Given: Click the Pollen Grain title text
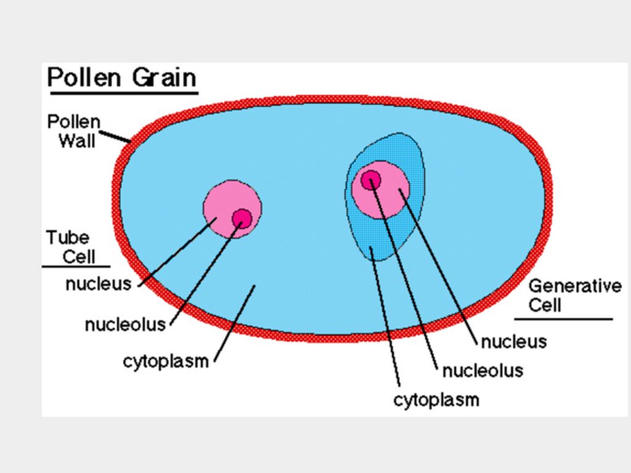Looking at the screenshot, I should pyautogui.click(x=122, y=78).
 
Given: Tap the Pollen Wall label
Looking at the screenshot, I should pyautogui.click(x=74, y=131).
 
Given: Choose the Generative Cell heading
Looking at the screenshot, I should pyautogui.click(x=574, y=295).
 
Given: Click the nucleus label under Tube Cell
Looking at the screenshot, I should pyautogui.click(x=99, y=284).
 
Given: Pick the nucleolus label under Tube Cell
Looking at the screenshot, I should pyautogui.click(x=126, y=324).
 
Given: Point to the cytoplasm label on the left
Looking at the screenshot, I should pyautogui.click(x=166, y=361).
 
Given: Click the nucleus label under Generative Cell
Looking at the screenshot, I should pyautogui.click(x=513, y=341).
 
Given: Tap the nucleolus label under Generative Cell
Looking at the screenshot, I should pyautogui.click(x=482, y=370).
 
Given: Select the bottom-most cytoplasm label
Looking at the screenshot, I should pyautogui.click(x=436, y=400).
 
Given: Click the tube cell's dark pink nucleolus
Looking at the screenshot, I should pyautogui.click(x=242, y=218).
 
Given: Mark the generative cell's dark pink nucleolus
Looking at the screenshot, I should pyautogui.click(x=371, y=180).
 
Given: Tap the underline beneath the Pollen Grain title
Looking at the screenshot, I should pyautogui.click(x=123, y=93).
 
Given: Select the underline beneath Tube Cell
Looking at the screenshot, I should pyautogui.click(x=76, y=266).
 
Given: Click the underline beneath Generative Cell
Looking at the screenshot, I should pyautogui.click(x=563, y=319).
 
